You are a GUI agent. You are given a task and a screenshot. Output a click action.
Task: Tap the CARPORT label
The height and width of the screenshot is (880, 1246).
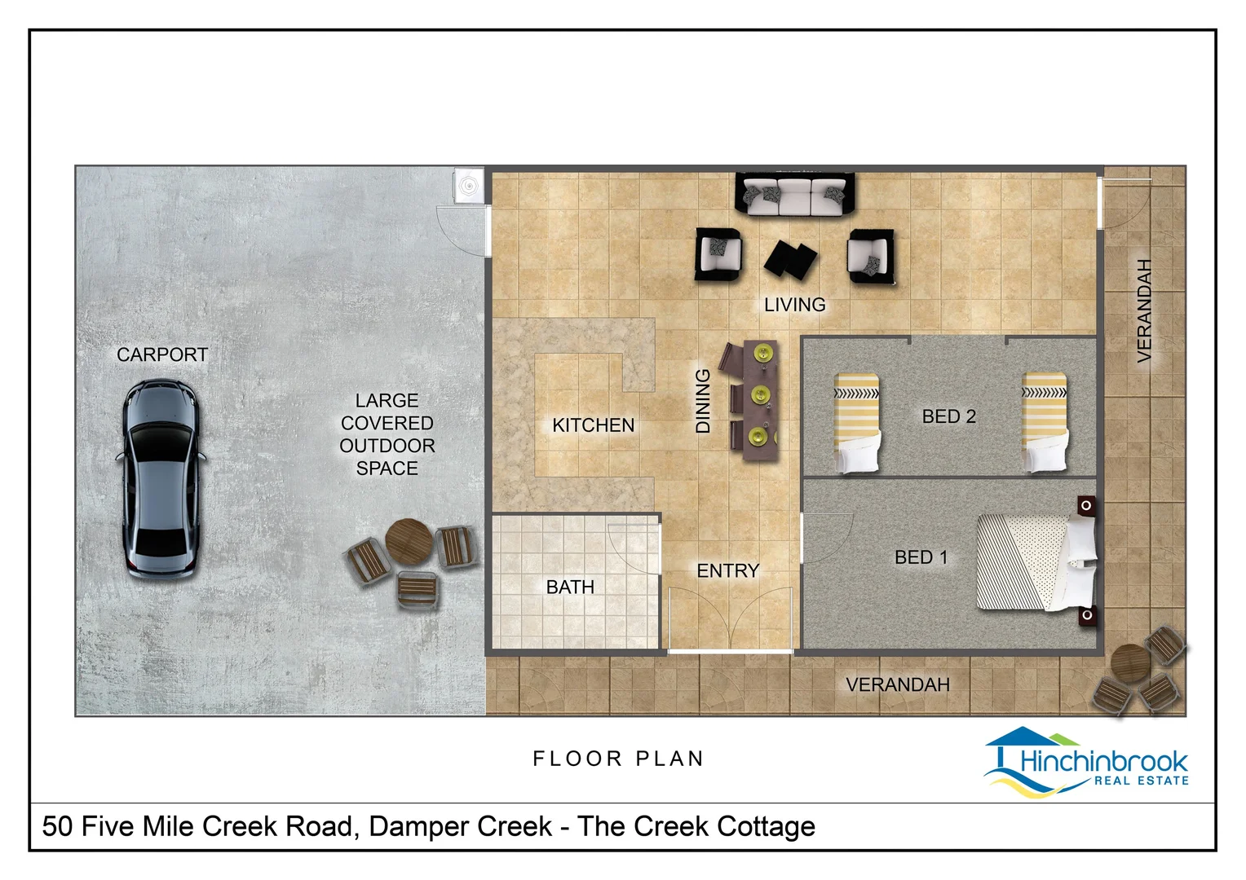point(162,354)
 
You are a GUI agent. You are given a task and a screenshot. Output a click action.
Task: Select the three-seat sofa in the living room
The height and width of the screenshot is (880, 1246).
point(795,195)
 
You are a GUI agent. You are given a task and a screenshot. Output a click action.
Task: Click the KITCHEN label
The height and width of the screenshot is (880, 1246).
point(593,425)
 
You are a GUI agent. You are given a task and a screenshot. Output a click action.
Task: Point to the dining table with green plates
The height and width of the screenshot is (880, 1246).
point(760,400)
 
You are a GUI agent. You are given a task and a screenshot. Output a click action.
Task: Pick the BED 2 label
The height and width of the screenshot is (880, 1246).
point(949,416)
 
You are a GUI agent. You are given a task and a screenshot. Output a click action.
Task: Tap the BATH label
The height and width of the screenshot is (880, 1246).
point(570,587)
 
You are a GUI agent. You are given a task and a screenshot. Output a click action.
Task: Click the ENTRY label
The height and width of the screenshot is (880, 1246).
point(728,571)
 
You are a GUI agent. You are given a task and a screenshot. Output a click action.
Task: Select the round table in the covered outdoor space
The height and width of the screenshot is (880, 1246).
point(409,542)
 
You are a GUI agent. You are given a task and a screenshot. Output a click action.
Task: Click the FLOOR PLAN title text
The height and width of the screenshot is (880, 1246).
point(619,759)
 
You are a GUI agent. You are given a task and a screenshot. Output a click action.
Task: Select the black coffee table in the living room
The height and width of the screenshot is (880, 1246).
point(790,260)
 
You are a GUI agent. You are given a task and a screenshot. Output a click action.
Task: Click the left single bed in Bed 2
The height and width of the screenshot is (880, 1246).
point(856,423)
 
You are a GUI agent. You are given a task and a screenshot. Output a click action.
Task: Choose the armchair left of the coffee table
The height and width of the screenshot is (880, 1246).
point(718,254)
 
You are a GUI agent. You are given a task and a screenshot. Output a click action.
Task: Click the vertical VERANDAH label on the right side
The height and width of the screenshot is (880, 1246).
point(1143,310)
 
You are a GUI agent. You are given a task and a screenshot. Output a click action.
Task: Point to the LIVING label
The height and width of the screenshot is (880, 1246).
point(795,305)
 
